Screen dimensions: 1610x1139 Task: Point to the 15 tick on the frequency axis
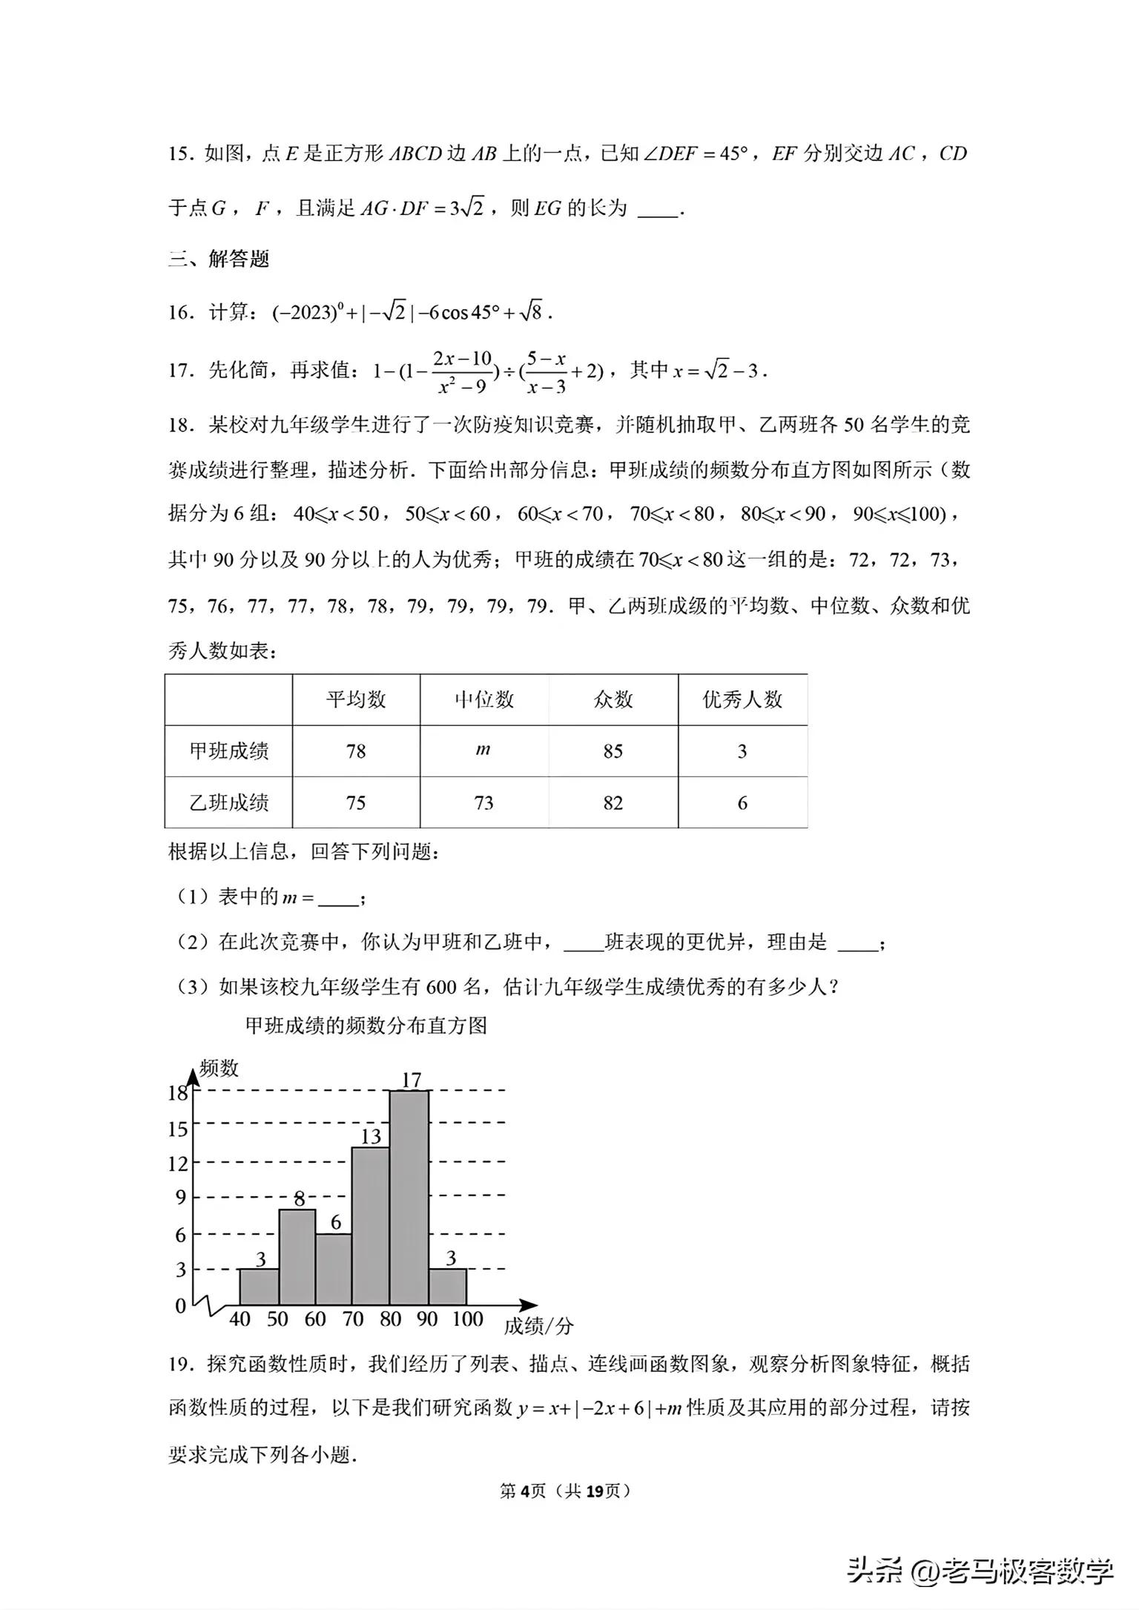[x=178, y=1129]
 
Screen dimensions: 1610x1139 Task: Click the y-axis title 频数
[x=219, y=1068]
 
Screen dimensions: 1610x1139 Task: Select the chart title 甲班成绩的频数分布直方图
[x=366, y=1026]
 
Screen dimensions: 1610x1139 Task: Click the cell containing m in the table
[x=483, y=750]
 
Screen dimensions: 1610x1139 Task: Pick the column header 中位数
[x=483, y=699]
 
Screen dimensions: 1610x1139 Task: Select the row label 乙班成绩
[x=228, y=802]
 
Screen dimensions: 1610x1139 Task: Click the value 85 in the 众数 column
[x=613, y=751]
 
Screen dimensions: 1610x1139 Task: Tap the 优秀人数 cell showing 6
[x=742, y=803]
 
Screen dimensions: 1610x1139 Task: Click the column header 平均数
[x=356, y=699]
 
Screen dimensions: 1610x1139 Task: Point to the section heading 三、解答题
[x=219, y=259]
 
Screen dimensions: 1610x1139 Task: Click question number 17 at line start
[x=180, y=369]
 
